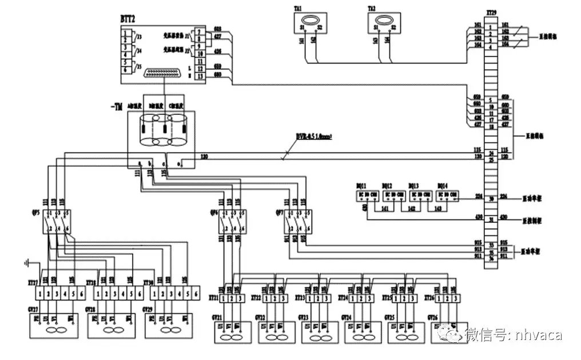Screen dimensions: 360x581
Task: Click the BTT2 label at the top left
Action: click(128, 19)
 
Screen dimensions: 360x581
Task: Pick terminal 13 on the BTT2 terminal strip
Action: click(199, 75)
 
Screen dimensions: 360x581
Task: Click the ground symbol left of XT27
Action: click(27, 263)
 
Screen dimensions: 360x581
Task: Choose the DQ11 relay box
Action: click(367, 195)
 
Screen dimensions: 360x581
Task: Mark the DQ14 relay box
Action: click(446, 195)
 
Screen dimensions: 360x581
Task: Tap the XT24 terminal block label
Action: click(344, 298)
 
